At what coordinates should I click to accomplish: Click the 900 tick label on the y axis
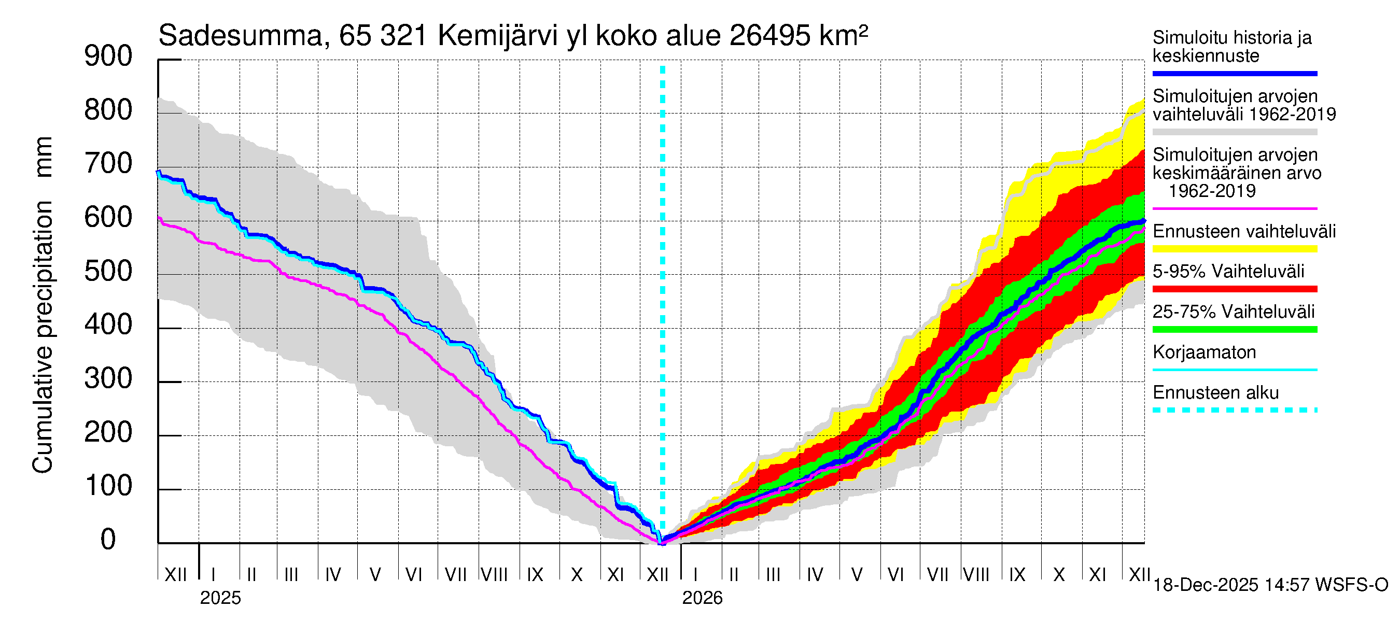pyautogui.click(x=108, y=56)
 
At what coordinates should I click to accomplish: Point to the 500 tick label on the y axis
pyautogui.click(x=108, y=271)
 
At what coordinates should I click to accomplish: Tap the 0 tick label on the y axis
pyautogui.click(x=108, y=540)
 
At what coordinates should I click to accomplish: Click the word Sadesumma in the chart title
pyautogui.click(x=240, y=36)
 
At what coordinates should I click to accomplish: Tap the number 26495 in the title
pyautogui.click(x=770, y=36)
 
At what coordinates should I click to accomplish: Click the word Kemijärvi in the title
pyautogui.click(x=498, y=36)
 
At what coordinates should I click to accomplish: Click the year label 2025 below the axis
pyautogui.click(x=220, y=598)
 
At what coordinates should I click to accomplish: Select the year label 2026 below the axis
pyautogui.click(x=702, y=598)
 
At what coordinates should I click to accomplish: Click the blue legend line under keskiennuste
pyautogui.click(x=1235, y=73)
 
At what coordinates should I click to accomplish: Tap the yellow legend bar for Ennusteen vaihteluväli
pyautogui.click(x=1235, y=249)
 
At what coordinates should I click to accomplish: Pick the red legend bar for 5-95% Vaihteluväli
pyautogui.click(x=1235, y=289)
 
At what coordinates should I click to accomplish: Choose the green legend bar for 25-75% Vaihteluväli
pyautogui.click(x=1235, y=329)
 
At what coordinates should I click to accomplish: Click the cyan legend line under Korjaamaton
pyautogui.click(x=1235, y=370)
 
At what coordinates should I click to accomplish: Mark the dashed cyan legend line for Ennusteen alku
pyautogui.click(x=1235, y=410)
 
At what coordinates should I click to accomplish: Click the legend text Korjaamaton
pyautogui.click(x=1205, y=352)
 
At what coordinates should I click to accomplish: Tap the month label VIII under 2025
pyautogui.click(x=495, y=575)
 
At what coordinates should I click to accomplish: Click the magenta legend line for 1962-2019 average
pyautogui.click(x=1235, y=208)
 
